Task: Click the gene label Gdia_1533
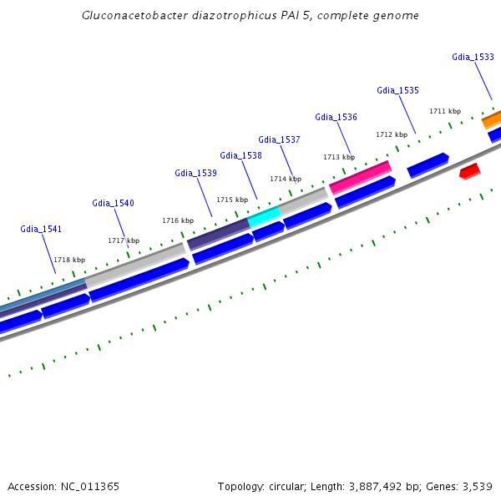tap(473, 57)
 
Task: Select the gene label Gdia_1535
tap(397, 90)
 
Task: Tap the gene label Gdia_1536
tap(336, 117)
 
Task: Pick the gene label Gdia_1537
tap(279, 139)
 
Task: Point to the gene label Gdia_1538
tap(240, 155)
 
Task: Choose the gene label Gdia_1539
tap(195, 173)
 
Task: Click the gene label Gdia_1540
tap(113, 203)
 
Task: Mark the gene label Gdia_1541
tap(41, 229)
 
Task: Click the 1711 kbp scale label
tap(445, 111)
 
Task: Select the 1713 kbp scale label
tap(339, 157)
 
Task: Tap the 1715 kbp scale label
tap(232, 200)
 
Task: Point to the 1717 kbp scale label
tap(124, 240)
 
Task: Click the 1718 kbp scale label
tap(69, 260)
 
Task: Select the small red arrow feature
tap(469, 171)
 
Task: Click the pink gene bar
tap(361, 177)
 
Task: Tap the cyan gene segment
tap(264, 215)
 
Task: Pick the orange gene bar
tap(492, 119)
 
